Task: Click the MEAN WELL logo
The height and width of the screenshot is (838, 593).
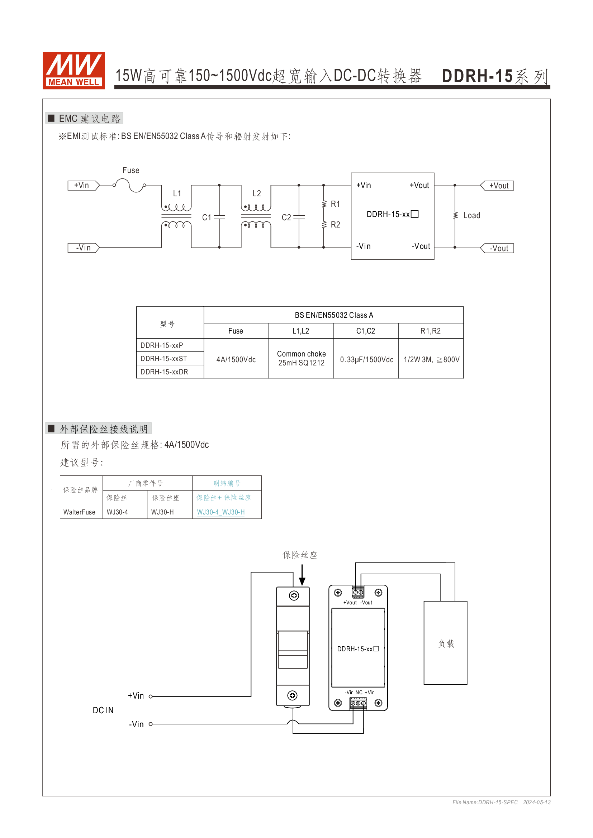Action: pos(74,70)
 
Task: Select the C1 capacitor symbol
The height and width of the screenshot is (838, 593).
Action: pos(219,217)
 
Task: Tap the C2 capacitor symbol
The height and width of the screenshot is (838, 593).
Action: pos(299,217)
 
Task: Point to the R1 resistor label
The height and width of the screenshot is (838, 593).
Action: pos(335,204)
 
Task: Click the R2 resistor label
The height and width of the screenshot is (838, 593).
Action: pos(335,225)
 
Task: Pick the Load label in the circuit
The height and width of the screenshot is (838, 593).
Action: pos(472,216)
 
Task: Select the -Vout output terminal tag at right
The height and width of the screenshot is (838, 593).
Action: pos(498,249)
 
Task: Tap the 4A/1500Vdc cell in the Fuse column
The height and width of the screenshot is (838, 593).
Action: pos(236,359)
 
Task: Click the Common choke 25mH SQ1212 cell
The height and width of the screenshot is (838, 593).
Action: pos(301,358)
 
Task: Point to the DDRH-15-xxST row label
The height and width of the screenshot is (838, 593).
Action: pos(164,359)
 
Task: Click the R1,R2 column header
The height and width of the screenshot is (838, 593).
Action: pos(431,331)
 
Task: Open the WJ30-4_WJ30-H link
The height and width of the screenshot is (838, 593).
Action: pos(221,512)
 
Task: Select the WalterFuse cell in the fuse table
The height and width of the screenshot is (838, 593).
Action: pos(79,512)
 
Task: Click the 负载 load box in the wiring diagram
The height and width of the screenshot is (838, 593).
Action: pos(446,643)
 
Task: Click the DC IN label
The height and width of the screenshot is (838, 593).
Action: pos(103,710)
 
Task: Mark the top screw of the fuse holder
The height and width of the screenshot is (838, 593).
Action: pos(294,596)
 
